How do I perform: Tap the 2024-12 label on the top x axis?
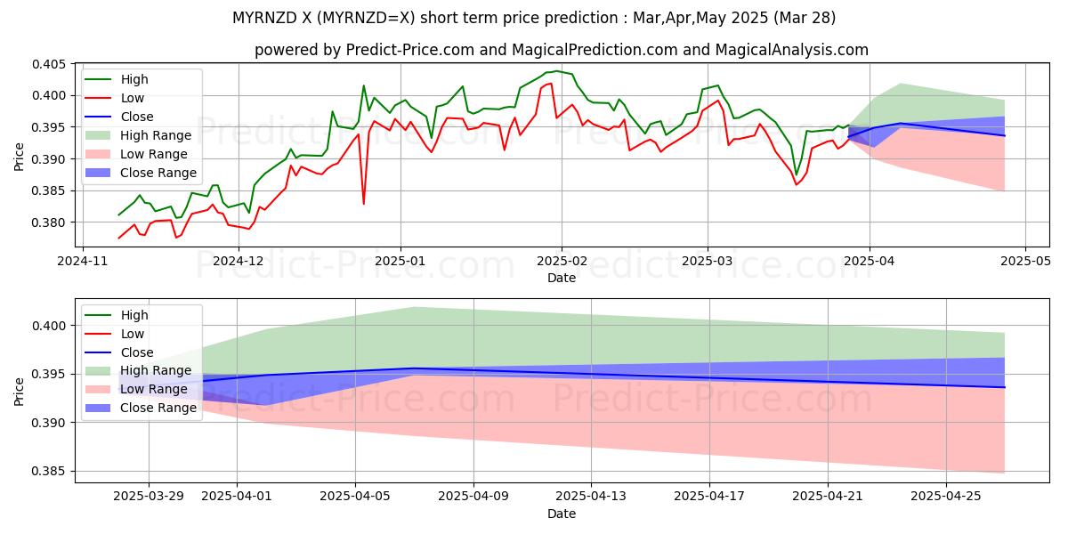[239, 261]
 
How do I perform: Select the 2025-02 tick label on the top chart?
[562, 261]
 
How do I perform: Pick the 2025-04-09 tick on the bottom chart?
[473, 496]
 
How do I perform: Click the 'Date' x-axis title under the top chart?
[561, 278]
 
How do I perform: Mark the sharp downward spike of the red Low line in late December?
[363, 204]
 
